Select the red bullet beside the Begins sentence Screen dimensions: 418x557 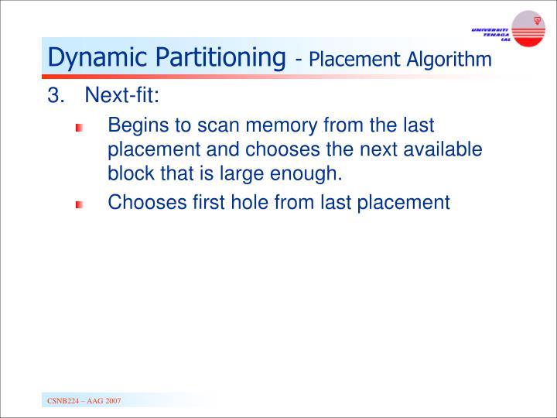78,128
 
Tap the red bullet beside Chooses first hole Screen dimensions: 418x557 78,205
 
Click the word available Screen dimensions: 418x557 444,149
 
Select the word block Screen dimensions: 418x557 128,173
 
